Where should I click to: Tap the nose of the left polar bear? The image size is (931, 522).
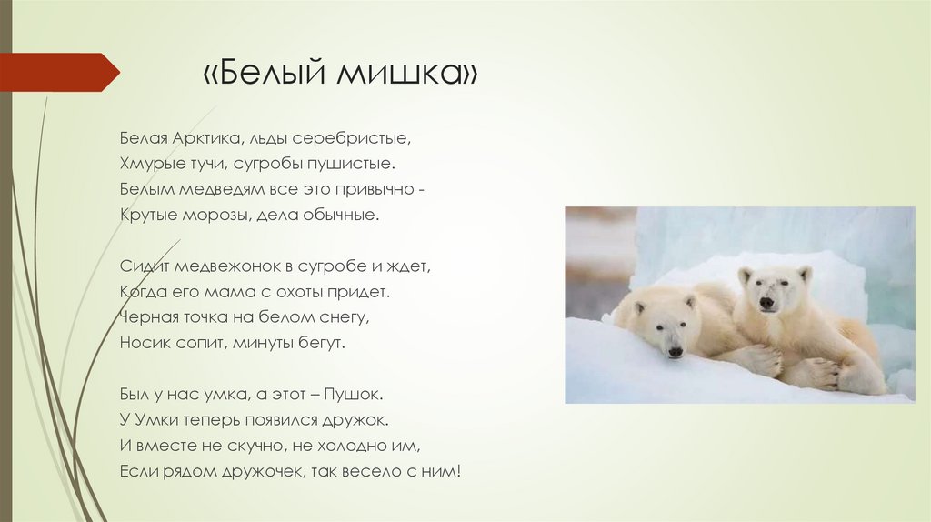[x=674, y=351]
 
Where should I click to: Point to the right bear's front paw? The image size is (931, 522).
[x=817, y=374]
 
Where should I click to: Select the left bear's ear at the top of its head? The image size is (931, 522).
[x=639, y=307]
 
